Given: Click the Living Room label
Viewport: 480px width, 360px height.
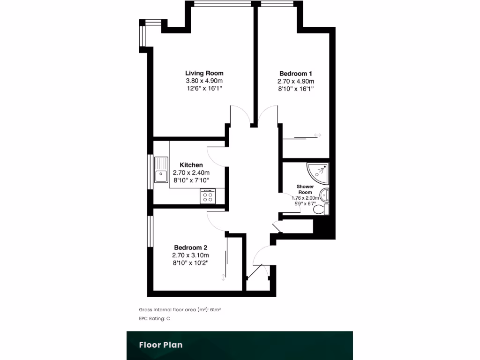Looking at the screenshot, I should (204, 73).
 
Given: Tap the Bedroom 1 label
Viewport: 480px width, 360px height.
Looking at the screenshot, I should (295, 74).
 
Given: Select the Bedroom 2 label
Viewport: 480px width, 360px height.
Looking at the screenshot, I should (190, 247).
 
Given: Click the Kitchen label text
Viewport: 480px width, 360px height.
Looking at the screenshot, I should (191, 165).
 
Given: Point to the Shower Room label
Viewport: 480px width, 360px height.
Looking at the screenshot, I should (305, 189).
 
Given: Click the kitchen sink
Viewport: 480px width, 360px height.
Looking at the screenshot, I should (161, 170).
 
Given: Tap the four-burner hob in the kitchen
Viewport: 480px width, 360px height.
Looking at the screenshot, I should (207, 196).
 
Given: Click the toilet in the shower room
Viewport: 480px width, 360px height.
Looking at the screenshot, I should (322, 210).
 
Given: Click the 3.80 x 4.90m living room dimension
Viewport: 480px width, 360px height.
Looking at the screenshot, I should (204, 81).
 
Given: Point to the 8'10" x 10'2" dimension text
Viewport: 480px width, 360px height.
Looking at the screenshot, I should (190, 262).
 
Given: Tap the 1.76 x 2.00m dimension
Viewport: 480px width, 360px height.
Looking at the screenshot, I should (305, 198).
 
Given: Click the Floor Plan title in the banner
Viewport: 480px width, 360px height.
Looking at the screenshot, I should (160, 345).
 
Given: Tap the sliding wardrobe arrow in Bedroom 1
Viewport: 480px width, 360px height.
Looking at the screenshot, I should (318, 135).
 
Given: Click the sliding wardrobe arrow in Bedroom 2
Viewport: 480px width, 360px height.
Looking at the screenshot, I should (223, 277).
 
